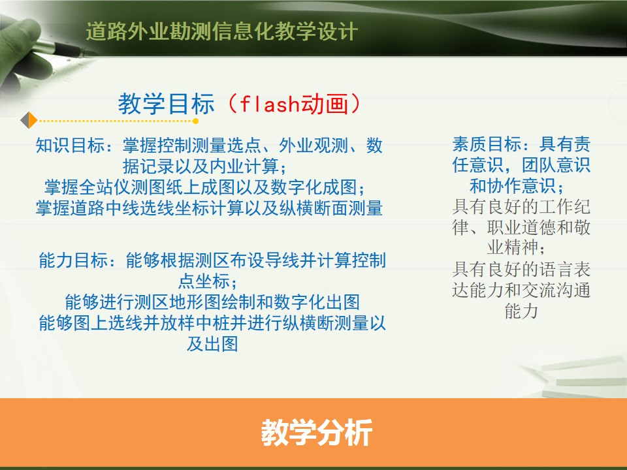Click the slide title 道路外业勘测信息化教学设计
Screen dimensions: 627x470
(x=222, y=31)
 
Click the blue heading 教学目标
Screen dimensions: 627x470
(x=167, y=104)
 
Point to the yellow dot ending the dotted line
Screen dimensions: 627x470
(x=195, y=121)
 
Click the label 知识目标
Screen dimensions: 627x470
(x=71, y=146)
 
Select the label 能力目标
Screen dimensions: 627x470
(x=74, y=260)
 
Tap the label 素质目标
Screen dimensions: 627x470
(x=487, y=144)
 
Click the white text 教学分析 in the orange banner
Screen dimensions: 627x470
(x=317, y=432)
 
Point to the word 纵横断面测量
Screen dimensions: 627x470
(x=330, y=208)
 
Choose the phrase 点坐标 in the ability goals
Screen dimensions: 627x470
(x=204, y=281)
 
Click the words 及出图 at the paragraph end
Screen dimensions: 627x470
(x=213, y=344)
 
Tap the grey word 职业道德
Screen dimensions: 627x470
(x=521, y=227)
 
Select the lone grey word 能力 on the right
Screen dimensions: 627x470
(x=521, y=311)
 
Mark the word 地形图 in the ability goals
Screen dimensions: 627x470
(x=187, y=302)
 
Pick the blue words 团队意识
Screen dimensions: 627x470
(x=556, y=164)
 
